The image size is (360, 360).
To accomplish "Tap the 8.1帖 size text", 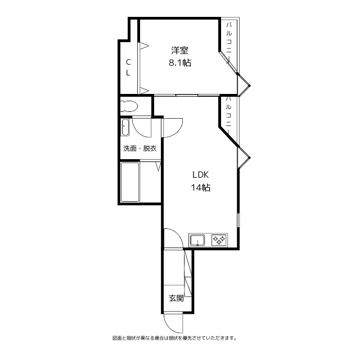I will [x=179, y=63].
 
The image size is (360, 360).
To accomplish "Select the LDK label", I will [x=201, y=175].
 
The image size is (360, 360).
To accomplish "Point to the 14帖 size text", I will [x=200, y=188].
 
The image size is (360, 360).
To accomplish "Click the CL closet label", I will [x=128, y=67].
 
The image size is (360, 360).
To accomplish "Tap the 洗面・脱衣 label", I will [x=139, y=148].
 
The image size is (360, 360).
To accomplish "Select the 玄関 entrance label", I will [x=176, y=298].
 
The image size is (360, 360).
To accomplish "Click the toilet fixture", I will [x=130, y=106].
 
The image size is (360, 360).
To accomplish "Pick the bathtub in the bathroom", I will [x=130, y=182].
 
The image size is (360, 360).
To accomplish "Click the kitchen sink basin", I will [x=197, y=241].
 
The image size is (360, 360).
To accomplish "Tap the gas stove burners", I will [x=219, y=241].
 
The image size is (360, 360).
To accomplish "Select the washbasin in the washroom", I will [x=125, y=128].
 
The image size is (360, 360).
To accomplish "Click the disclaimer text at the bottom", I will [x=174, y=338].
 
